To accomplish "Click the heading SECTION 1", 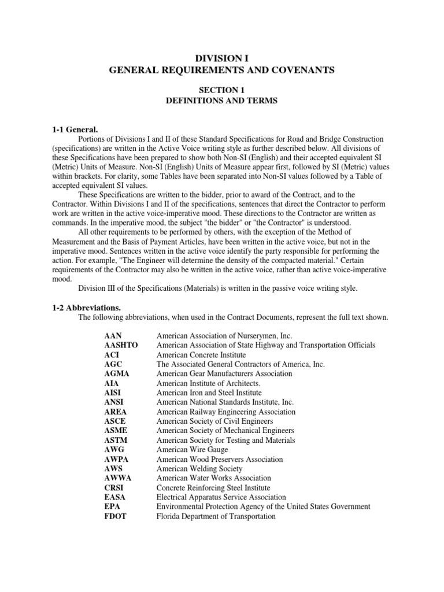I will (222, 90).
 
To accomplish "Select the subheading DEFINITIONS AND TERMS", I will (222, 101).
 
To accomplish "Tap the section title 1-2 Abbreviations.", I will (84, 308).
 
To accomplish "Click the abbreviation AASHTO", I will (121, 345).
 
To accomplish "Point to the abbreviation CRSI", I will (114, 488).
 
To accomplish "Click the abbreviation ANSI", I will (114, 402).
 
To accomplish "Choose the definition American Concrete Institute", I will (197, 354).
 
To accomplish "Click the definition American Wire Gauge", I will (192, 450).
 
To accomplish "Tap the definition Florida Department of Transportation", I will (216, 516).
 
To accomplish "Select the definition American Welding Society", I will (199, 469).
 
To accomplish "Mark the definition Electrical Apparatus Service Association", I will (221, 497).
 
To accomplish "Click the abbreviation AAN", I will (113, 335).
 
